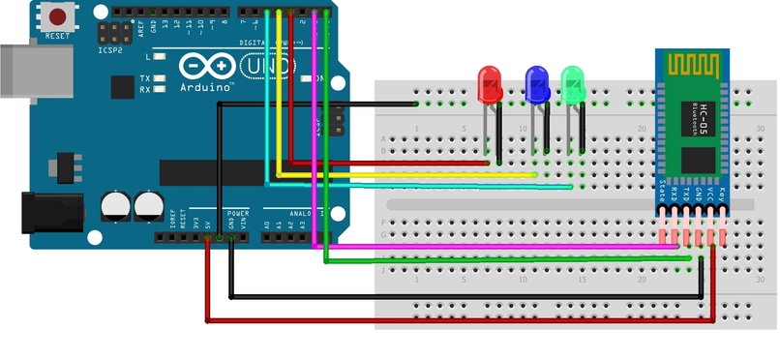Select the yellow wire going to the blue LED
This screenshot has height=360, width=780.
(x=406, y=175)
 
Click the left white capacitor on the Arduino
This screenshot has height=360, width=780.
(x=115, y=204)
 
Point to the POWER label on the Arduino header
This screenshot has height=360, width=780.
(x=237, y=212)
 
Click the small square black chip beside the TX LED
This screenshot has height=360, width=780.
(x=123, y=87)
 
